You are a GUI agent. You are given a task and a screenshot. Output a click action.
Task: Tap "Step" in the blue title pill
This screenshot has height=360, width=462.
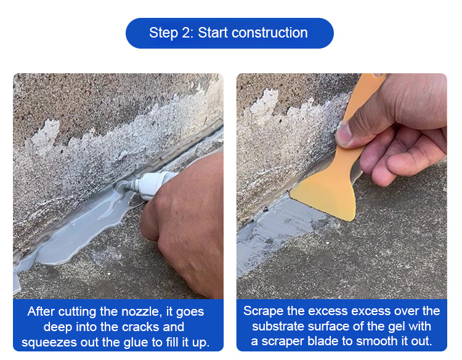tap(163, 33)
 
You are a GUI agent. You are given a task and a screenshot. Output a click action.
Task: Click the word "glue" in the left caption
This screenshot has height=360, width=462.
tap(136, 343)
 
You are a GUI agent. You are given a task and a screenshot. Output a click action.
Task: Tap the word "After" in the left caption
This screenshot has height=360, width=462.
tap(41, 312)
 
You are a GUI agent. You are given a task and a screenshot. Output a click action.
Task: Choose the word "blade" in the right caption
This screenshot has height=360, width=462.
tap(323, 341)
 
